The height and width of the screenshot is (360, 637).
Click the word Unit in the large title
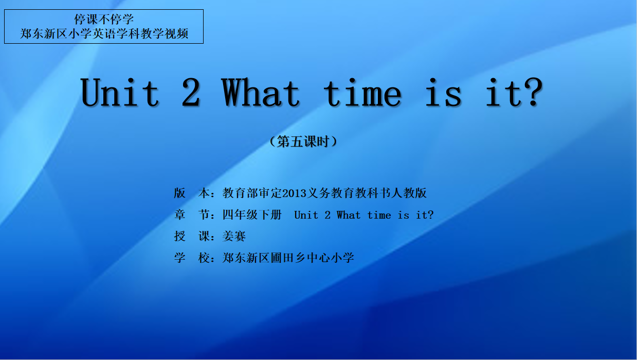coord(120,93)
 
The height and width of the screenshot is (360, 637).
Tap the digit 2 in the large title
coord(191,93)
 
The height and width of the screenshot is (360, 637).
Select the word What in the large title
coord(261,93)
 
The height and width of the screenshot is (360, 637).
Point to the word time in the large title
coord(362,93)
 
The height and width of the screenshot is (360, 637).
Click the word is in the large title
coord(443,93)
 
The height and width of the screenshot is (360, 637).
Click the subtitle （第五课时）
coord(303,141)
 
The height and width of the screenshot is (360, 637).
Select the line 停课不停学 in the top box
coord(104,20)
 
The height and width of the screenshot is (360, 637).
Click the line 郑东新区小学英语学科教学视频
coord(104,34)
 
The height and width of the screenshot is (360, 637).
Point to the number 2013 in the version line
coord(294,193)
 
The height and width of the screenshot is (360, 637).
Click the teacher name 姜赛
coord(234,236)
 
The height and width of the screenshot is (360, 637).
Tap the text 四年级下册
coord(252,214)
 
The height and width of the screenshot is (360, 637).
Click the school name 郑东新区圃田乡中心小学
coord(288,258)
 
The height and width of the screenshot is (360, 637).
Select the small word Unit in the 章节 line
coord(306,215)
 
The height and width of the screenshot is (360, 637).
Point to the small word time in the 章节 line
coord(379,215)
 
